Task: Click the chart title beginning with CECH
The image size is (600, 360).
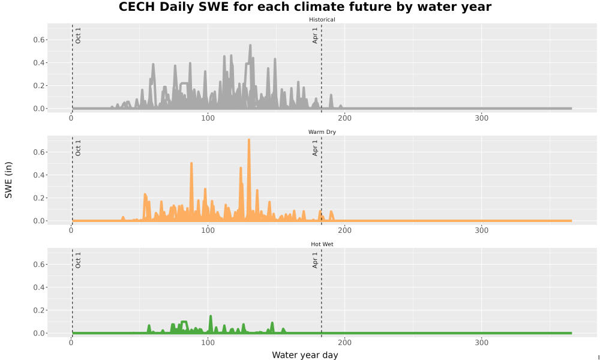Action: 305,7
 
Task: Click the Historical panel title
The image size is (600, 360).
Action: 322,20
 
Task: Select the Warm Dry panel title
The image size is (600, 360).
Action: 322,132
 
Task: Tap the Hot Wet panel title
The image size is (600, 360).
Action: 322,244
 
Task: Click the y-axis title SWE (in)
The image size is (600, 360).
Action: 8,180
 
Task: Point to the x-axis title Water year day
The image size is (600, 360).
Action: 305,355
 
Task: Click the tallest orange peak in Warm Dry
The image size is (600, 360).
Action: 249,140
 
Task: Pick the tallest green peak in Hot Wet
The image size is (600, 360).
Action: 211,317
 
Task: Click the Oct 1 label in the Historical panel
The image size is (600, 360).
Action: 78,35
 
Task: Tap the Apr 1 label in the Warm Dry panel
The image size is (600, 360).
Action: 315,148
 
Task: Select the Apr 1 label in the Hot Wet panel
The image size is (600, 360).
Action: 315,260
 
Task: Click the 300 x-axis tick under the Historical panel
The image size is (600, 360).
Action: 481,118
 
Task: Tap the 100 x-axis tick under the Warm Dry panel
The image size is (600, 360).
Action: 208,230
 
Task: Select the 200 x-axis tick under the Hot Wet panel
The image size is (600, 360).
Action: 344,343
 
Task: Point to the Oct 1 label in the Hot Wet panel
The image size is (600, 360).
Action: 78,260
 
